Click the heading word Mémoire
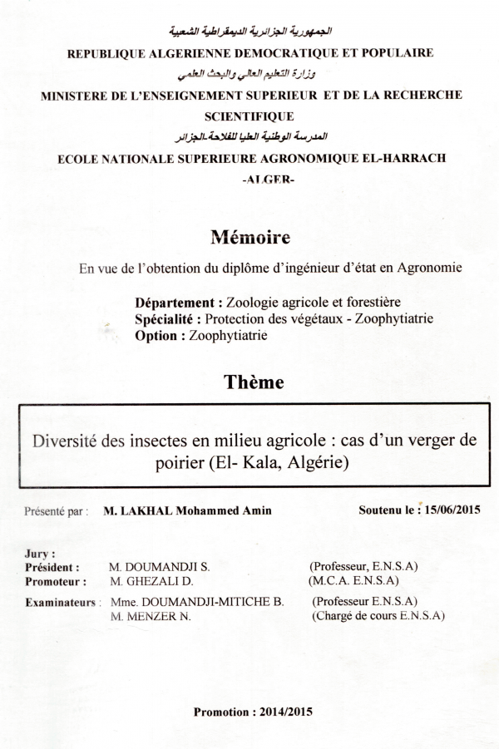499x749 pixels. pos(250,238)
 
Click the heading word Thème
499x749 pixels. pos(253,382)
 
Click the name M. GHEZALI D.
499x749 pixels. pos(152,581)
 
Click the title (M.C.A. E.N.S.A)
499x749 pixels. pos(353,580)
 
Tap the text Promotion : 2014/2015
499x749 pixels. pos(254,712)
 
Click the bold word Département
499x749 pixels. pos(177,302)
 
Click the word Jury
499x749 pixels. pos(40,551)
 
